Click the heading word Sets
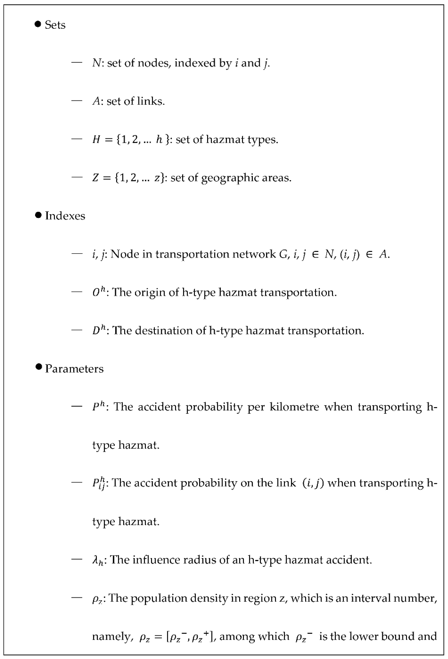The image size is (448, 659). point(55,25)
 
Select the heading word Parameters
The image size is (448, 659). point(74,369)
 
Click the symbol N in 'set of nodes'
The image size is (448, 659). point(96,63)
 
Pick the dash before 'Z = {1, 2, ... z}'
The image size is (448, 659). point(77,177)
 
